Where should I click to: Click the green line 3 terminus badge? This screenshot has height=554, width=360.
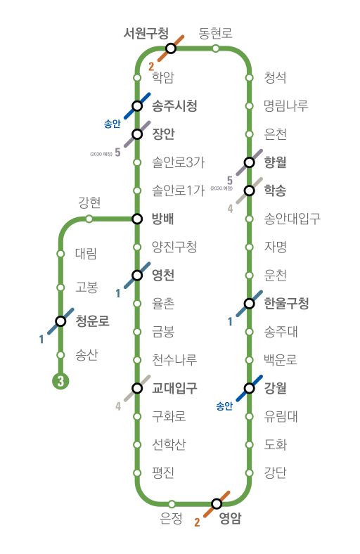click(x=60, y=381)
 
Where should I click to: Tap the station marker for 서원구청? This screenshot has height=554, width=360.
click(x=171, y=48)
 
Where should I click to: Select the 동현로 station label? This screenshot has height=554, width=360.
click(x=215, y=33)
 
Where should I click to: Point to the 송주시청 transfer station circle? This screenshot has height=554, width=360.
click(x=137, y=105)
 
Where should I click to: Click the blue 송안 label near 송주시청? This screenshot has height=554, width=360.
click(x=112, y=124)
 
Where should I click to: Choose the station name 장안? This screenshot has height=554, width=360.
click(x=163, y=134)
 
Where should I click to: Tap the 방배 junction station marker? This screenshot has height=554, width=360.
click(x=137, y=219)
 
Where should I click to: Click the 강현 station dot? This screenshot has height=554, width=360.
click(x=89, y=219)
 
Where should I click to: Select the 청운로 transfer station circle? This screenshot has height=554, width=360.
click(x=60, y=321)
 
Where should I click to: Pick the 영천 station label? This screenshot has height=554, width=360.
click(x=163, y=275)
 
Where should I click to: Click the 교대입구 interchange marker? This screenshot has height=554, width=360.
click(x=137, y=388)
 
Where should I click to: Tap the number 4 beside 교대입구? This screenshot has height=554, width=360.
click(x=118, y=406)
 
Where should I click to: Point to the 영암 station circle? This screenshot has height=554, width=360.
click(x=217, y=503)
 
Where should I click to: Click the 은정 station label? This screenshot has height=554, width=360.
click(x=171, y=518)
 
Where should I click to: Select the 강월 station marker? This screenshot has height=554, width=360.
click(x=250, y=388)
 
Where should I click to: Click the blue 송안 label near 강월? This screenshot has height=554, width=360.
click(x=224, y=406)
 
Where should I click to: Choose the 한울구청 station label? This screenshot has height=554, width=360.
click(x=286, y=303)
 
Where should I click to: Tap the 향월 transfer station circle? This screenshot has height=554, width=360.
click(x=250, y=162)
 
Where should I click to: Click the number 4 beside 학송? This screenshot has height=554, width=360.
click(x=231, y=209)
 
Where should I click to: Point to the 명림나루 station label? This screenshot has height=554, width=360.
click(x=286, y=105)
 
